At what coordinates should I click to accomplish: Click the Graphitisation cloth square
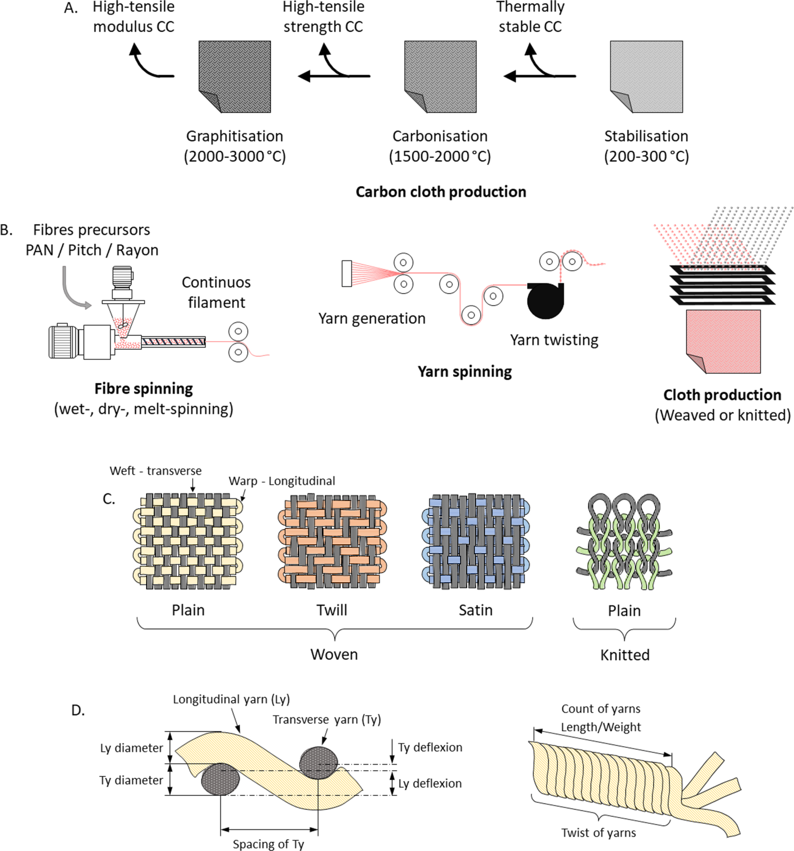(235, 77)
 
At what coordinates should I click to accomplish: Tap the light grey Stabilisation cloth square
(646, 77)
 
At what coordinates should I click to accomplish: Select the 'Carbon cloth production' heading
(441, 192)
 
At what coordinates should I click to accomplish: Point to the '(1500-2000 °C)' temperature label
(440, 156)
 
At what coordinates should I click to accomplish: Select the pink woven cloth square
(723, 341)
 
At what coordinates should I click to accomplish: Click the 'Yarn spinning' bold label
(465, 371)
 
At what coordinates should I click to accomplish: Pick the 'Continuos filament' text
(216, 292)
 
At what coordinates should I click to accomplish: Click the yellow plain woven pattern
(188, 541)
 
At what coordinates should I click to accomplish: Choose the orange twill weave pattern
(332, 541)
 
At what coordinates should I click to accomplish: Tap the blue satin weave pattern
(476, 541)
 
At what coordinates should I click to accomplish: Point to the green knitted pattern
(624, 541)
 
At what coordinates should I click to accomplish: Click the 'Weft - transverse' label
(155, 471)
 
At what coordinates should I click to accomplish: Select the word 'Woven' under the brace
(334, 654)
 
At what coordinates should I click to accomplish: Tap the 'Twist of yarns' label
(598, 833)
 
